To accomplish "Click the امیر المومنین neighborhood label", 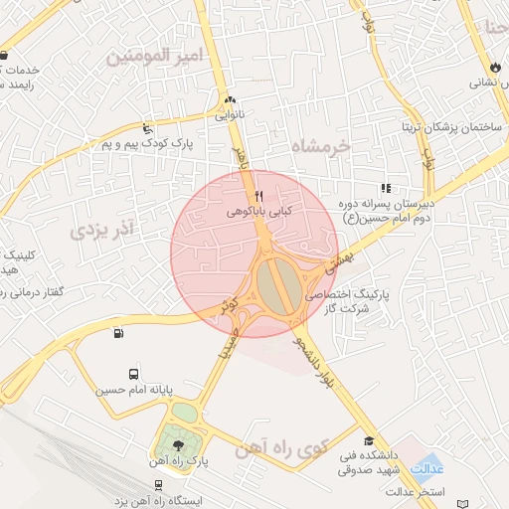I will pyautogui.click(x=153, y=57).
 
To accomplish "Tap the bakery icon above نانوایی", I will pyautogui.click(x=231, y=100).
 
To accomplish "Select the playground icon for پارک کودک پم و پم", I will pyautogui.click(x=147, y=128).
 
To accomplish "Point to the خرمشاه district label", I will pyautogui.click(x=323, y=146).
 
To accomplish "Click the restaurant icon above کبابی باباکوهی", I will pyautogui.click(x=258, y=194).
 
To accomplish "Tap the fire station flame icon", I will pyautogui.click(x=496, y=66).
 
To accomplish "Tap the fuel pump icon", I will pyautogui.click(x=119, y=333).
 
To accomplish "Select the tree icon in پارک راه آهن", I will pyautogui.click(x=178, y=444).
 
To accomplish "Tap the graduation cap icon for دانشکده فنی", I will pyautogui.click(x=369, y=440).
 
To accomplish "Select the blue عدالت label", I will pyautogui.click(x=427, y=468).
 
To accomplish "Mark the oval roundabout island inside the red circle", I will pyautogui.click(x=274, y=284).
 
